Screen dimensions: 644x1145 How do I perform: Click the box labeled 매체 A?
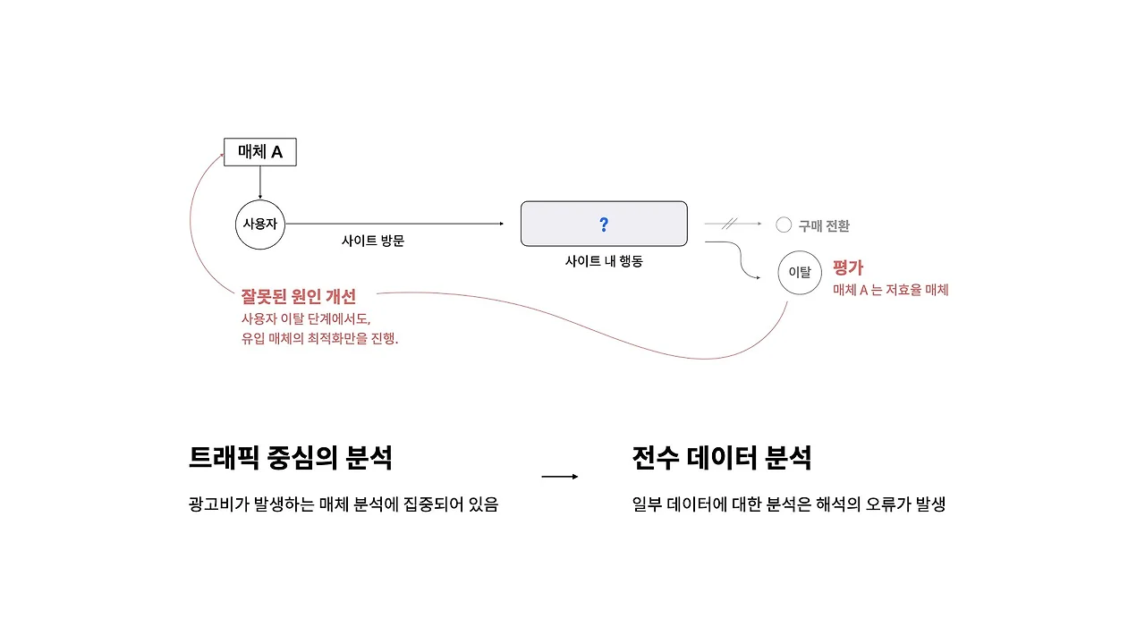[259, 152]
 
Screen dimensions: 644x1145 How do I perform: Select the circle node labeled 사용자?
[260, 224]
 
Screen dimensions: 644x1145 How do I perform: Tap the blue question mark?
[604, 224]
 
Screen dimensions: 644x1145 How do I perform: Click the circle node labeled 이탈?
[800, 273]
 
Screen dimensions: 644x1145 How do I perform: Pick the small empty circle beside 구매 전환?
[784, 225]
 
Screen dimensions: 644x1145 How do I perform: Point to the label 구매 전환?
[824, 226]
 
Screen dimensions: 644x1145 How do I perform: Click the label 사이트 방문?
[373, 241]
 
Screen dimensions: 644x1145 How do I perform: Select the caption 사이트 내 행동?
[604, 262]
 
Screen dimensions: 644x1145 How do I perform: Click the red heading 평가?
[848, 267]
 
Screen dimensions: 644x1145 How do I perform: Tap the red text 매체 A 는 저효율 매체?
[890, 290]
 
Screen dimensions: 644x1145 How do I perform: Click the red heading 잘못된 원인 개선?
[299, 296]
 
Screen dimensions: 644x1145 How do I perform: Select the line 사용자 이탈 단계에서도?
[305, 318]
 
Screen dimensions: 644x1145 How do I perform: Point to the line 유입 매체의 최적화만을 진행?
[319, 339]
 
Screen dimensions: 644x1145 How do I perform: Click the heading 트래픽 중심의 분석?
[291, 458]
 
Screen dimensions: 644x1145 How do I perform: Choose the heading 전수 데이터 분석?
[722, 458]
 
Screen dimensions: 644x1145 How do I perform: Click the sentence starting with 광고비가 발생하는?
[343, 504]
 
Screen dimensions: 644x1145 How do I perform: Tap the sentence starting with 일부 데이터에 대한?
[788, 504]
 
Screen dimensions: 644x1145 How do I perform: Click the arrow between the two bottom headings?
[560, 477]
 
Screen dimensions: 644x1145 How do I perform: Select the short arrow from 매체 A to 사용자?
[260, 182]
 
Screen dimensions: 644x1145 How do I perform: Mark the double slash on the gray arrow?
[729, 224]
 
